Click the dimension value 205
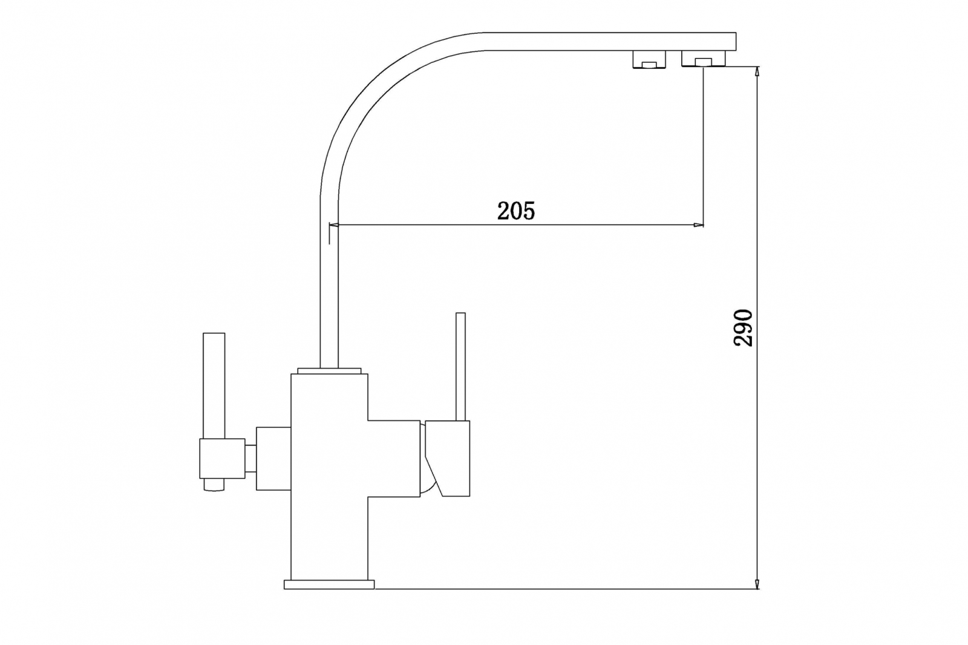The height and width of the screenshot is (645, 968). (516, 211)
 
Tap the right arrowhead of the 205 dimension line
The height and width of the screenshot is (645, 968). (698, 225)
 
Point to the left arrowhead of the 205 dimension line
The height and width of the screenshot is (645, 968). (334, 225)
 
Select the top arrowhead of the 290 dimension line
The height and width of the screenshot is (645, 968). (757, 71)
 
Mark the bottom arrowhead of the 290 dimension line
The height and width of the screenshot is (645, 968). (757, 583)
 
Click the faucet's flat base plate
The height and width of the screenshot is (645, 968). (329, 584)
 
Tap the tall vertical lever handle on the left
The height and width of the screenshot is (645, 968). (214, 385)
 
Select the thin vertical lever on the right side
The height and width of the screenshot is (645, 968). (460, 367)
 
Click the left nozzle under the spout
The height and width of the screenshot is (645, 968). (649, 60)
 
